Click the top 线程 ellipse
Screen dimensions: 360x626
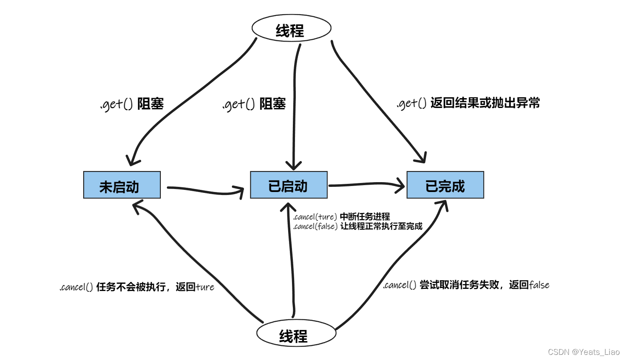[291, 29]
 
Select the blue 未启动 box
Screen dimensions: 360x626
[122, 185]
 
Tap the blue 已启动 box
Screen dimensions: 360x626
[289, 185]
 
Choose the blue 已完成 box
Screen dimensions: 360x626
[445, 185]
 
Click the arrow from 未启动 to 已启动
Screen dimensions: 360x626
[205, 190]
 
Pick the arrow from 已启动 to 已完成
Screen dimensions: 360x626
[367, 185]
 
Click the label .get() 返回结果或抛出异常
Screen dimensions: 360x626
[468, 103]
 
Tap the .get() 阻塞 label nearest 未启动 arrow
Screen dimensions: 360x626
[132, 104]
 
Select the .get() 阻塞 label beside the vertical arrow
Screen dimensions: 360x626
[254, 104]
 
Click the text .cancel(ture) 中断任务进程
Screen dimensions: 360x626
[341, 217]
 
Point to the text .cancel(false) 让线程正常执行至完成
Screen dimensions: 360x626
[358, 226]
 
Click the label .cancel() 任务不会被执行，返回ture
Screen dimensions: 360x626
[137, 287]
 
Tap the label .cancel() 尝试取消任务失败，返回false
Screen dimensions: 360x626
[466, 285]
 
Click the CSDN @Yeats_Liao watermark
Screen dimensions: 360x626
[584, 352]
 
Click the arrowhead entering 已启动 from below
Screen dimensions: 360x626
[288, 205]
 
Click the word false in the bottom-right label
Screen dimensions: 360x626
[539, 285]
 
